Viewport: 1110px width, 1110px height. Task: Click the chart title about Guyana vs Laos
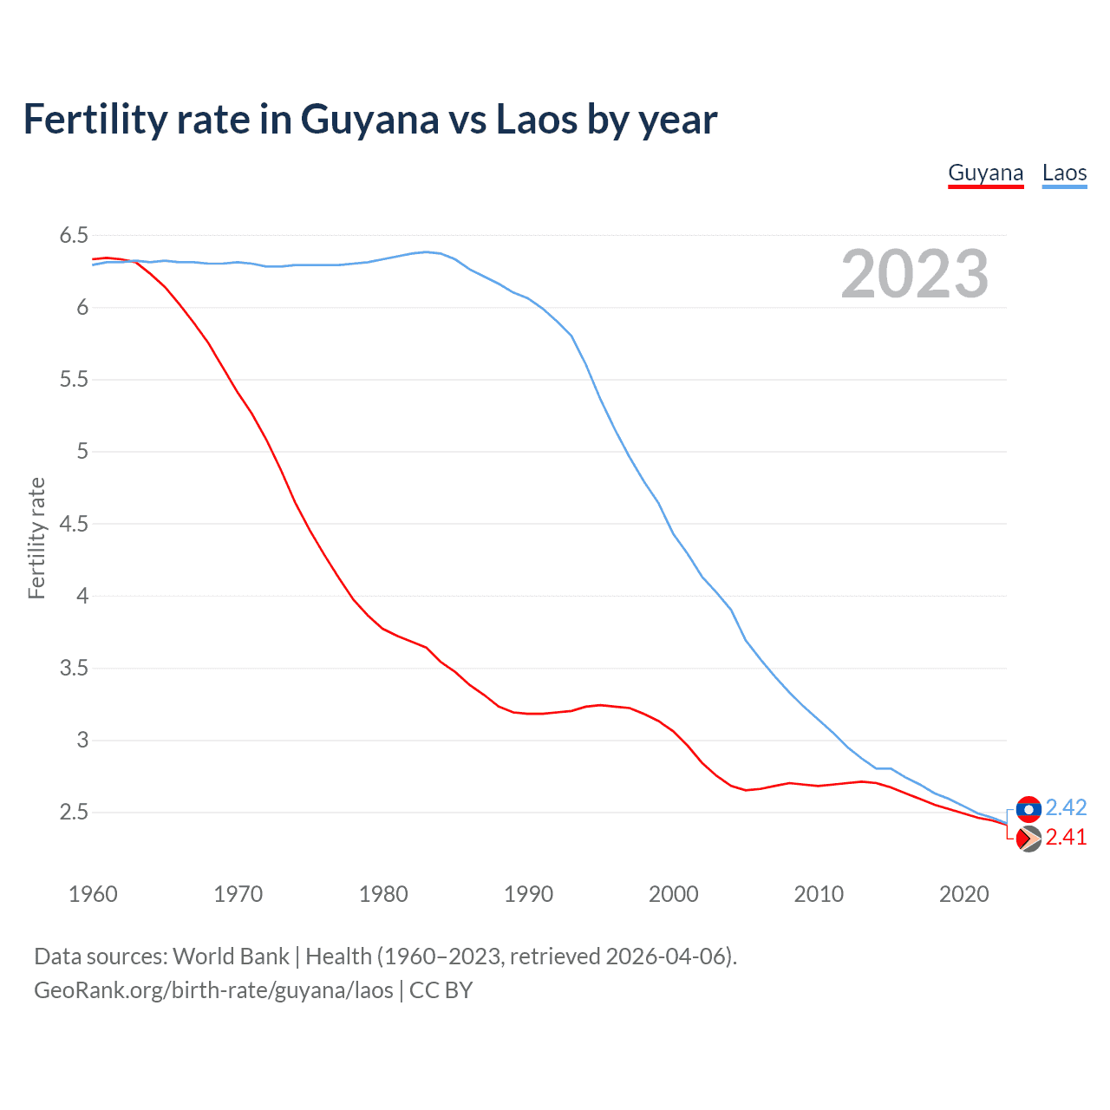370,120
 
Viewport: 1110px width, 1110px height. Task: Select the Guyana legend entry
985,173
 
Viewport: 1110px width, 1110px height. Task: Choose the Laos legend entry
1064,173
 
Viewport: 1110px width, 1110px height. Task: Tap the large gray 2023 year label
915,274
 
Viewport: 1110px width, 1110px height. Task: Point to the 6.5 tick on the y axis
74,235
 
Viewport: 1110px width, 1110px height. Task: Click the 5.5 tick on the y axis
74,380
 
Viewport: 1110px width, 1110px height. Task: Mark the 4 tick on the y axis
82,596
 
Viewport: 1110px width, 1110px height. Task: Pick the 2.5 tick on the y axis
74,813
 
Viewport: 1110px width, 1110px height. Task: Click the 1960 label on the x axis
93,894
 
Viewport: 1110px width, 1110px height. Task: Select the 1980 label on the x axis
383,894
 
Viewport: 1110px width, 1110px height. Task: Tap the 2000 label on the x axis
674,894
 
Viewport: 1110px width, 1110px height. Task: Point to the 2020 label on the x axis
963,894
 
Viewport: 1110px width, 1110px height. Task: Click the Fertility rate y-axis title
36,538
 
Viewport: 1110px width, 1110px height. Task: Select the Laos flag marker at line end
1028,809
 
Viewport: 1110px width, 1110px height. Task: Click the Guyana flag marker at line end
1028,839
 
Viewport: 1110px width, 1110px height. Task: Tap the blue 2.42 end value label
1066,808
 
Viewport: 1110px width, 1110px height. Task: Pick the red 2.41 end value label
1066,838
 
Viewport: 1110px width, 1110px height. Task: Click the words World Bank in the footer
231,957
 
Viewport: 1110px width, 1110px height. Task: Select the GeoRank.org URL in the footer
213,990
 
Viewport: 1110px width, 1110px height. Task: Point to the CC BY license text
441,990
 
